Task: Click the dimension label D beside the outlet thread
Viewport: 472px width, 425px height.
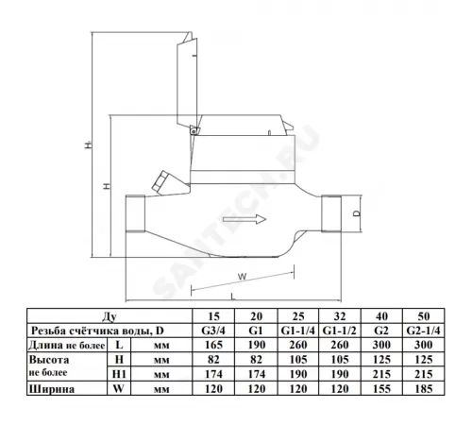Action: [357, 213]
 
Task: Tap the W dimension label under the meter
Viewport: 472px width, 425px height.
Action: [242, 277]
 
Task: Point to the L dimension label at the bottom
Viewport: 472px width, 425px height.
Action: [233, 297]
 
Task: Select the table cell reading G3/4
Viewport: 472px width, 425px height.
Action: [213, 331]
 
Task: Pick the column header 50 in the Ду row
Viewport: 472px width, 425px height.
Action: [424, 316]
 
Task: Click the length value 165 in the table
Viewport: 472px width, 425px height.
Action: [213, 345]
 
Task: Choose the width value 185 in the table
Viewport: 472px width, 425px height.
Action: [424, 389]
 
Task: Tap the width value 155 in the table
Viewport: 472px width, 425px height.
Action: [381, 389]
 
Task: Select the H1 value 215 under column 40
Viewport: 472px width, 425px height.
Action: [381, 374]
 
